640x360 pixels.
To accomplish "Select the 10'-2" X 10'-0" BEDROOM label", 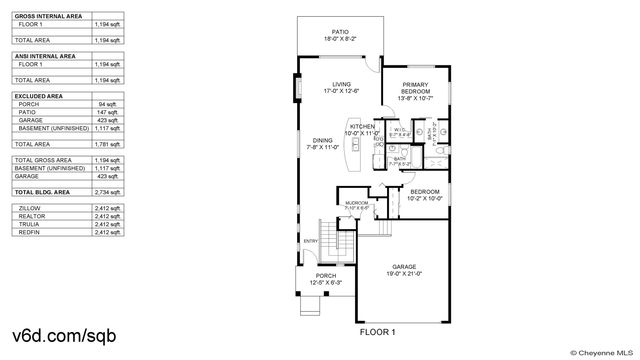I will pos(424,194).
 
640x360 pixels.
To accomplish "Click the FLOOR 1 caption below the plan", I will pos(377,331).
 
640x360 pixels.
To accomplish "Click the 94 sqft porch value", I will pos(108,103).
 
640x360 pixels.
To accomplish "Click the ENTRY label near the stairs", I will pos(309,240).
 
